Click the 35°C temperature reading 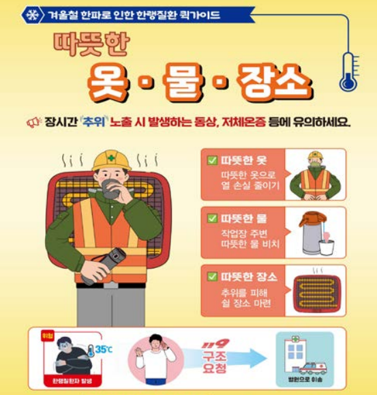103,350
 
